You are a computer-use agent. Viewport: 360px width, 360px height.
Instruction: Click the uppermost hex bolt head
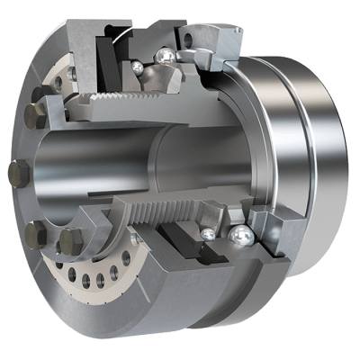tap(38, 116)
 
